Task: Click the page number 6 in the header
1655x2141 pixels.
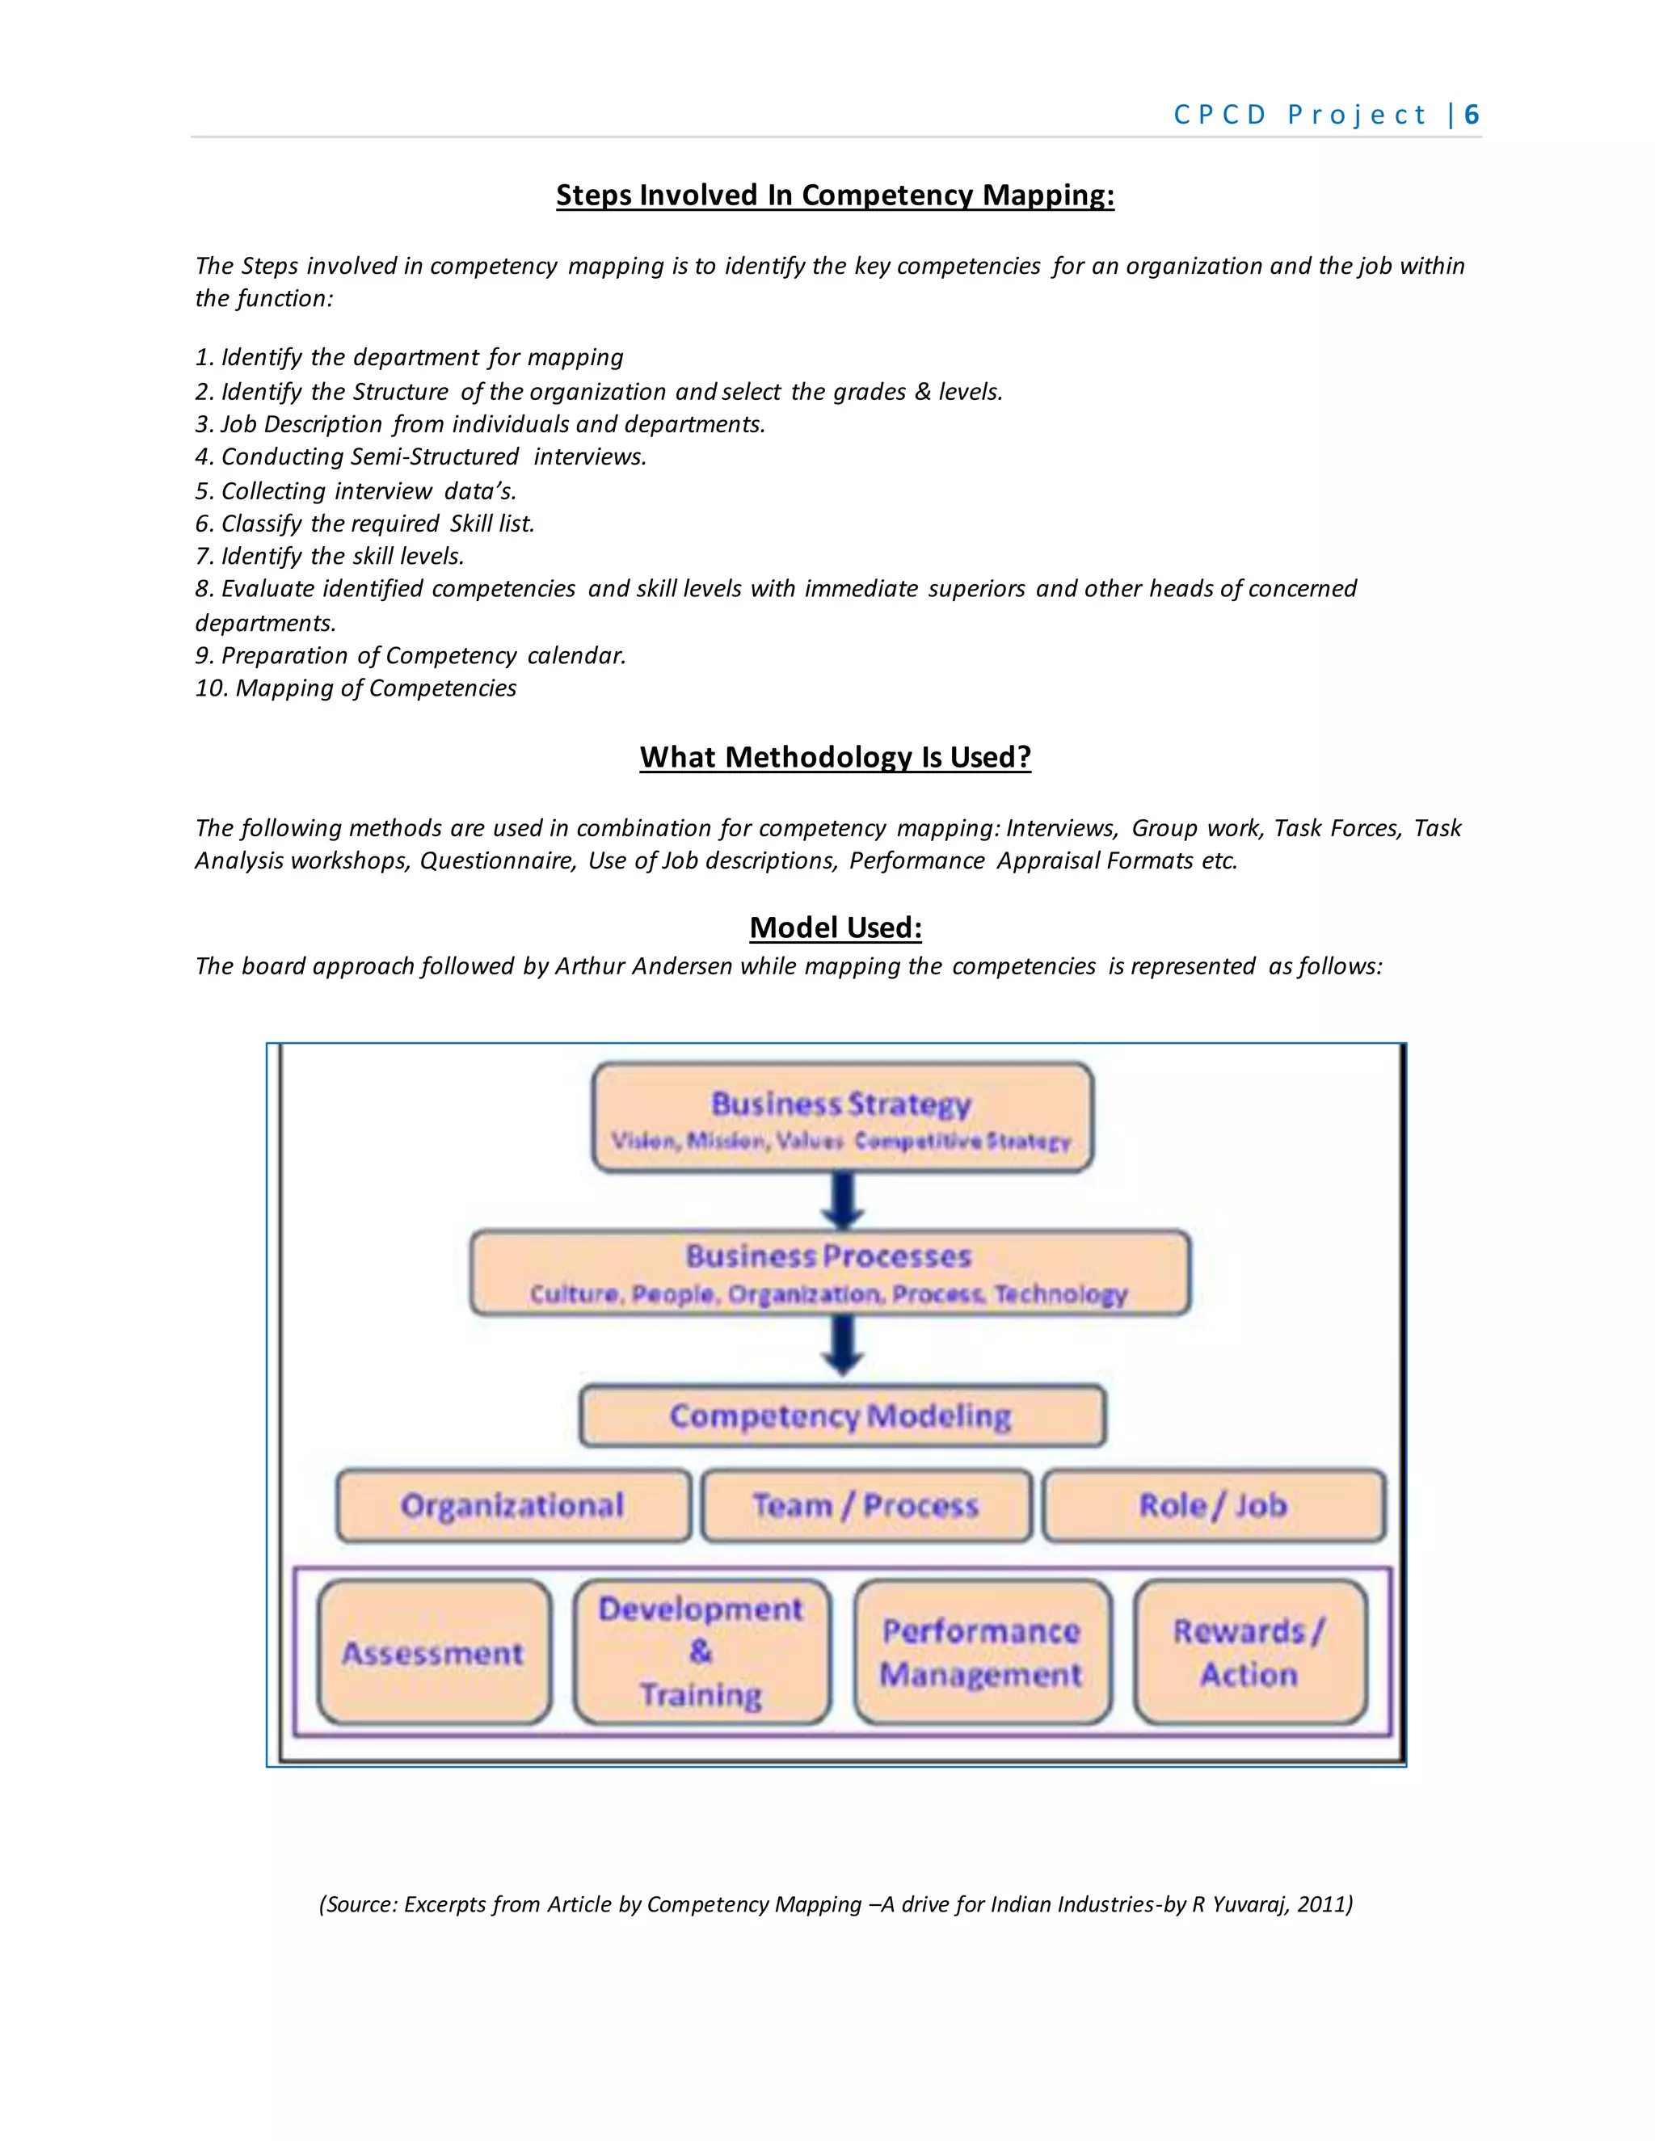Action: (1471, 115)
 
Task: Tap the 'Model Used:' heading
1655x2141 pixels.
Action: (836, 927)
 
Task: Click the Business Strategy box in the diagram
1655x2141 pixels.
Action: (841, 1117)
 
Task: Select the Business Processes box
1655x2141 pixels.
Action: (829, 1272)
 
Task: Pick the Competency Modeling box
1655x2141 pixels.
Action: (841, 1415)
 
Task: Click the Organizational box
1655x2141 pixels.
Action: (513, 1506)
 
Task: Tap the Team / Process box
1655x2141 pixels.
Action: (865, 1506)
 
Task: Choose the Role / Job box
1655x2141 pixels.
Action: (1213, 1506)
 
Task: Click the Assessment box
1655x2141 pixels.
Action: (433, 1653)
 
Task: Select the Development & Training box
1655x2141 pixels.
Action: (701, 1653)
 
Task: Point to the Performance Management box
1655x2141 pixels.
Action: (981, 1653)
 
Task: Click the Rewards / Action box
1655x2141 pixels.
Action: (1249, 1653)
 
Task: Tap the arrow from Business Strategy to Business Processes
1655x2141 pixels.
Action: (842, 1201)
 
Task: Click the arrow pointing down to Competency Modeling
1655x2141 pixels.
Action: (842, 1345)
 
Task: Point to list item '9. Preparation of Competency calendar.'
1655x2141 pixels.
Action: (411, 656)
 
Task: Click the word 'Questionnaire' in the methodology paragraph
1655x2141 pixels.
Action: (497, 860)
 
